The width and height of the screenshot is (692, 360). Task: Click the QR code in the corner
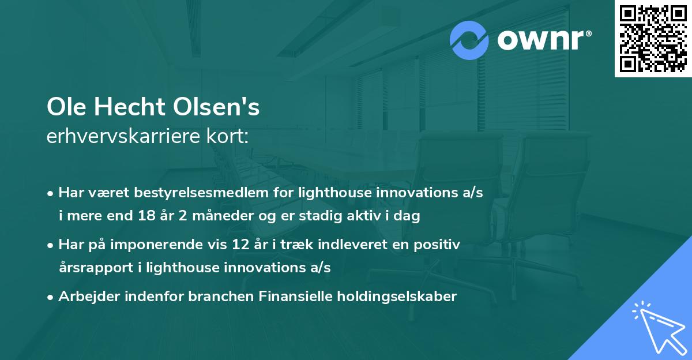pyautogui.click(x=653, y=39)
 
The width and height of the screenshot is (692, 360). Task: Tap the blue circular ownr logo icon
pyautogui.click(x=470, y=40)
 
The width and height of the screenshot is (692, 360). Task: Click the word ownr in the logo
pyautogui.click(x=543, y=40)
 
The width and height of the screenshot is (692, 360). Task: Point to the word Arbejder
pyautogui.click(x=85, y=297)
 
